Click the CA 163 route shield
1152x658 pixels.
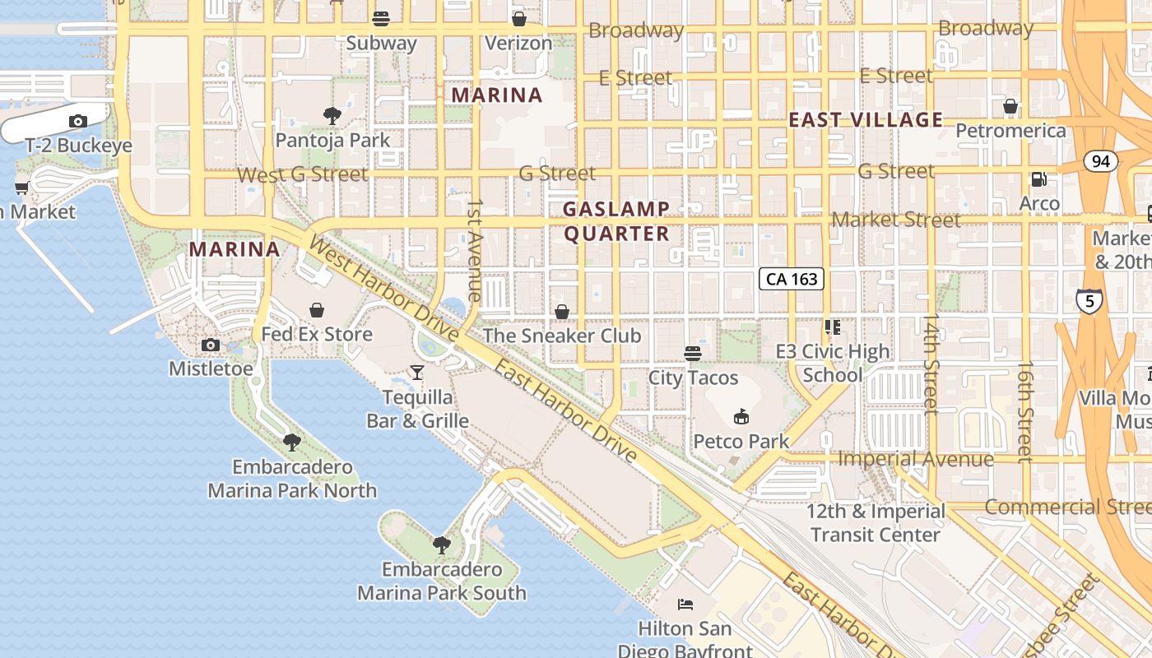click(792, 279)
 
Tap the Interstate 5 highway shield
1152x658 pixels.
click(1089, 301)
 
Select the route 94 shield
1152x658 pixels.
click(1101, 161)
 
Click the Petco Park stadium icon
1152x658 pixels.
click(741, 417)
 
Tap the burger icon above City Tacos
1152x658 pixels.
click(693, 354)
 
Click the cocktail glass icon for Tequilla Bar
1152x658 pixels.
click(417, 373)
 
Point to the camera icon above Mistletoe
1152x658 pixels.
click(211, 345)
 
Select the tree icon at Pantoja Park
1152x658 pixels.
click(332, 116)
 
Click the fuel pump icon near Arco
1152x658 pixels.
click(1039, 179)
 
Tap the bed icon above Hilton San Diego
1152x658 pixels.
click(685, 605)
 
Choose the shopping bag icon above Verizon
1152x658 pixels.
click(518, 18)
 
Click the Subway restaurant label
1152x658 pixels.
click(381, 43)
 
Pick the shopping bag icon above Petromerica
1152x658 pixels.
click(1010, 106)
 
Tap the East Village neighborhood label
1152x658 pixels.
click(866, 120)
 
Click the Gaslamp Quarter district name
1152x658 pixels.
click(616, 221)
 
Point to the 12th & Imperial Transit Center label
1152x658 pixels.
click(875, 523)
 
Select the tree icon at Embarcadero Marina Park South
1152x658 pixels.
click(442, 544)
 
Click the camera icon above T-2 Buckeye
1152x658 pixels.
click(78, 122)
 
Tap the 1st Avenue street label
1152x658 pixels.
click(475, 249)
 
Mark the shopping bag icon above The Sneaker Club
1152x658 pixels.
click(562, 312)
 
